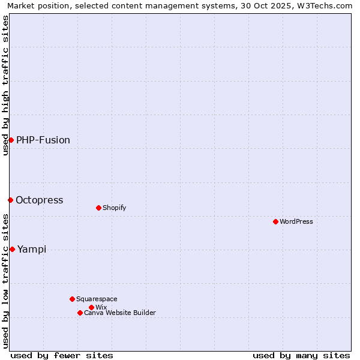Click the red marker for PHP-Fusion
(11, 140)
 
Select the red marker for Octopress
(10, 200)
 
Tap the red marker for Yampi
(12, 249)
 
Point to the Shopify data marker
(98, 208)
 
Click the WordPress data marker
(275, 221)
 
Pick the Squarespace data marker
(72, 299)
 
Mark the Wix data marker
(91, 307)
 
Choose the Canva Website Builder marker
(80, 313)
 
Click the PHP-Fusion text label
(43, 140)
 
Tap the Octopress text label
(40, 200)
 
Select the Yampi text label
(32, 249)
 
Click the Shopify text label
(114, 208)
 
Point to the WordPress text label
(296, 221)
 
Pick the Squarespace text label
(97, 299)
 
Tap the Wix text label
(101, 307)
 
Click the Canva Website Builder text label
(120, 313)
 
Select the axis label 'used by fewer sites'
(62, 355)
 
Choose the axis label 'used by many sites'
(301, 355)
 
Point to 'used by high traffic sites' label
(5, 85)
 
